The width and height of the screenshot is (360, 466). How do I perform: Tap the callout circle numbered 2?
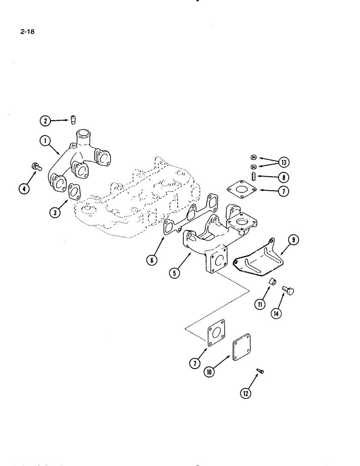pos(44,122)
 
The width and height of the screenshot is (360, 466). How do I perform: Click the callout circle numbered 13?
pos(283,162)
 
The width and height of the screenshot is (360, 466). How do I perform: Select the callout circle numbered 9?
pos(293,240)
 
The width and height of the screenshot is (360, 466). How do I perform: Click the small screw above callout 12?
pos(260,371)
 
